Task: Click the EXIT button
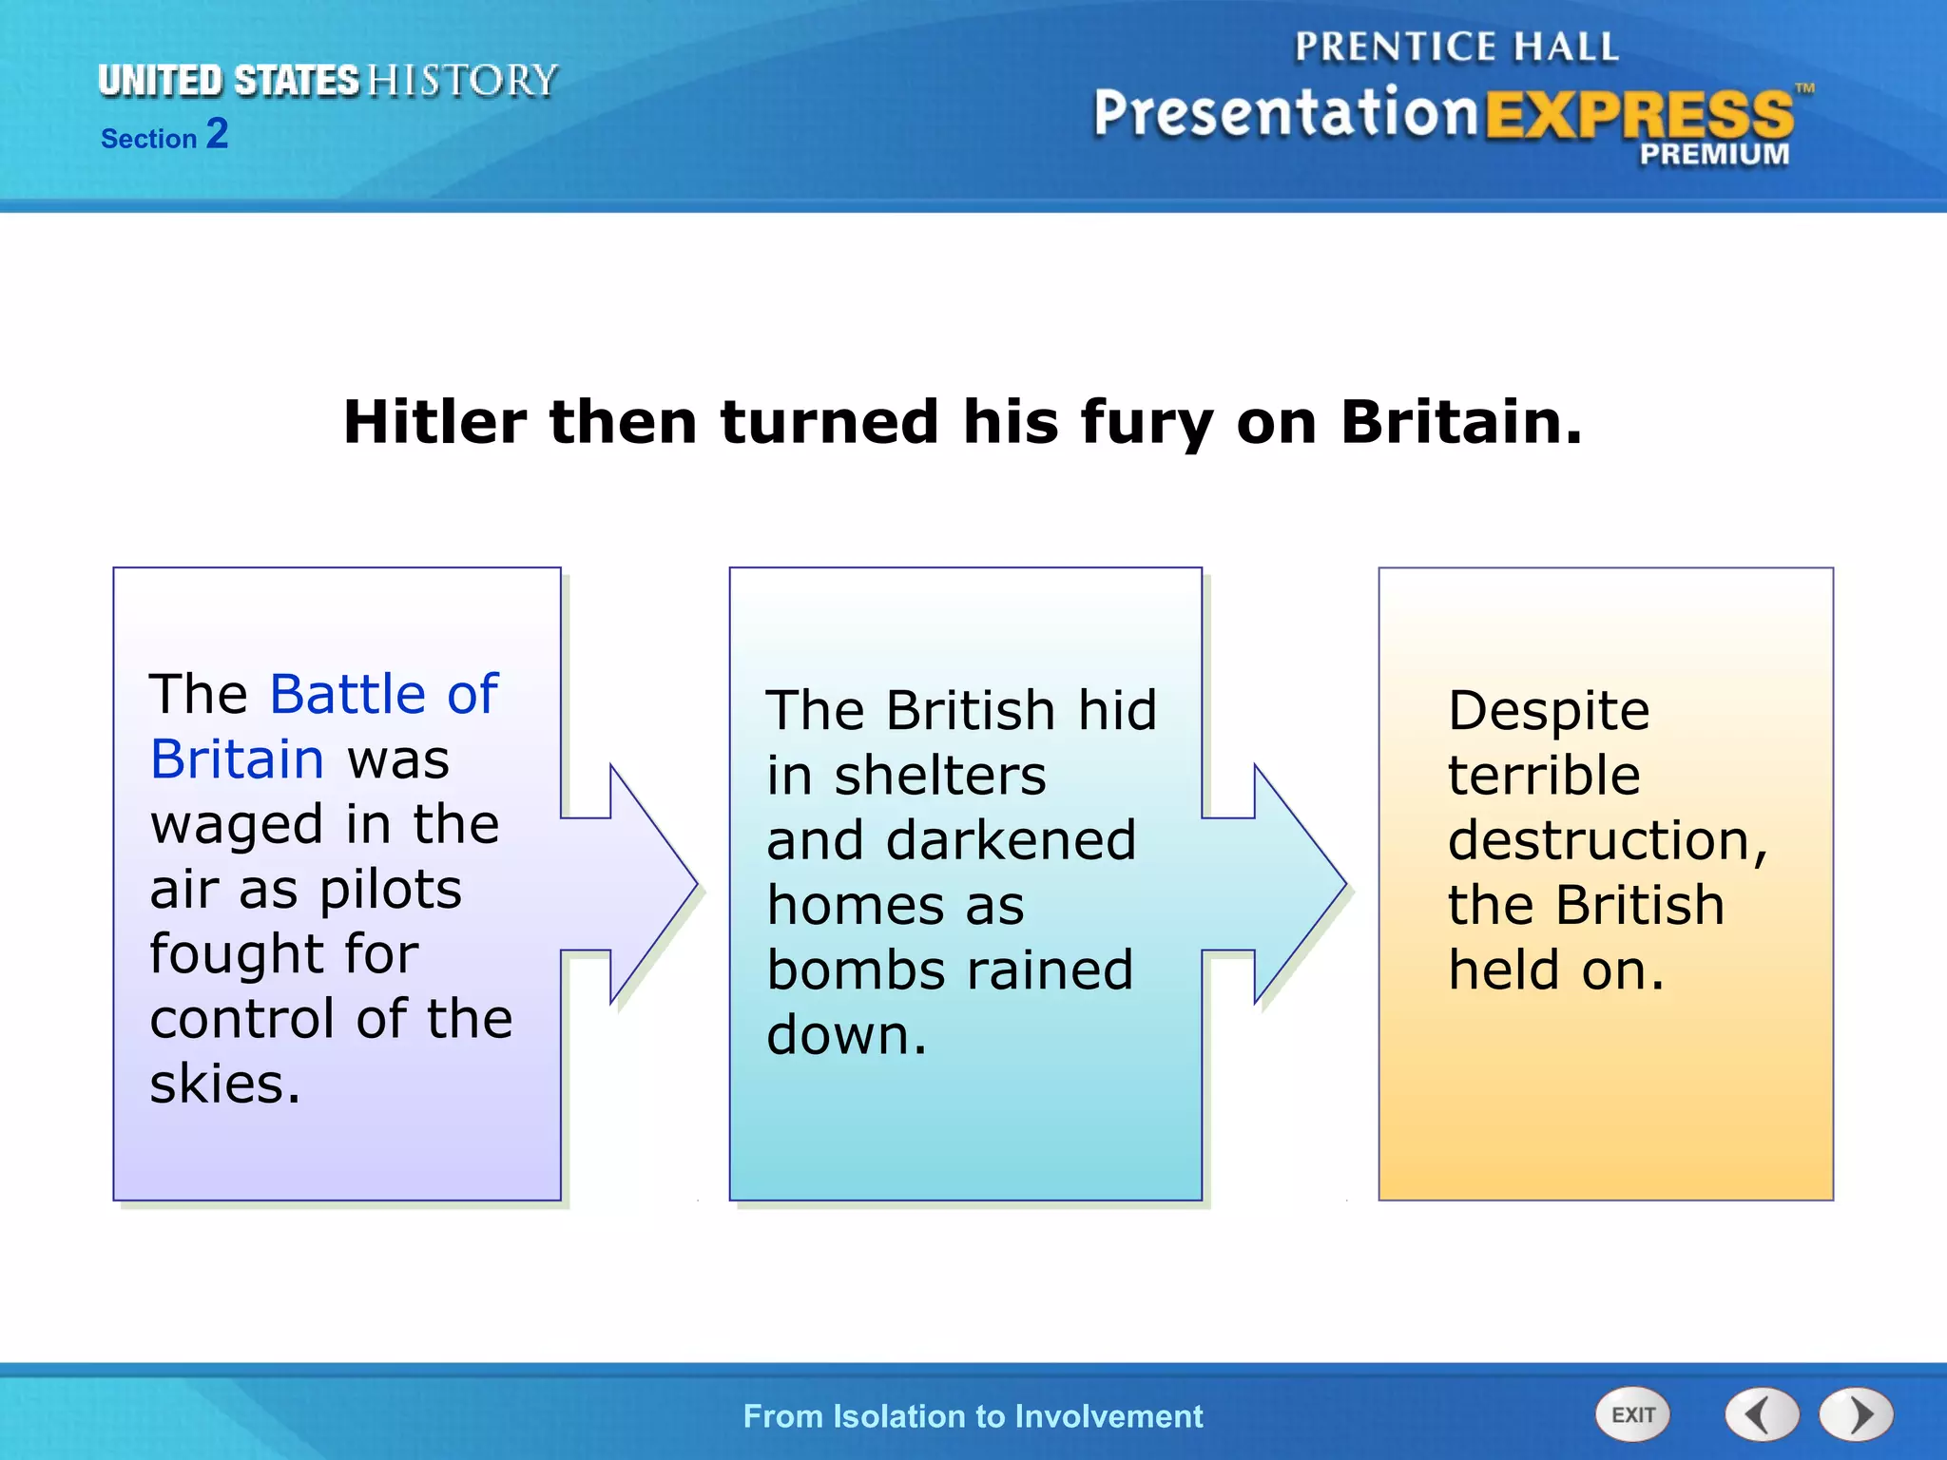pos(1632,1415)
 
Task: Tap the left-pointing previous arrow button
pos(1762,1415)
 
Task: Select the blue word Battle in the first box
pos(348,694)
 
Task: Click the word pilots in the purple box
pos(390,890)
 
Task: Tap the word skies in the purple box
pos(224,1084)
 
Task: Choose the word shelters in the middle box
pos(940,776)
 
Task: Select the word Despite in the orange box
pos(1549,711)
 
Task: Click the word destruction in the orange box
pos(1606,840)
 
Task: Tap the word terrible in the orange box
pos(1544,776)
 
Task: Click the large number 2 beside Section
pos(218,134)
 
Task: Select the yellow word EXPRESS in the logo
pos(1639,116)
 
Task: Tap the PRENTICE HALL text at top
pos(1455,48)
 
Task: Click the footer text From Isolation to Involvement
pos(973,1416)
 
